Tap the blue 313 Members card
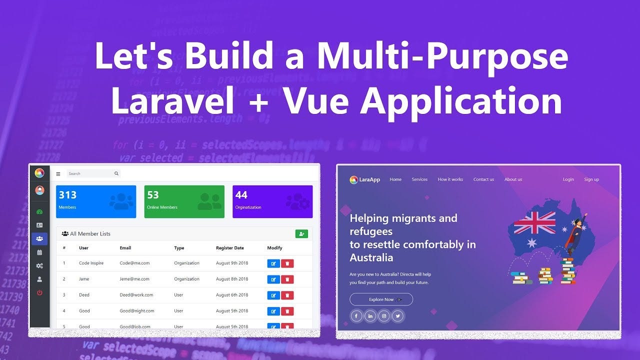pyautogui.click(x=96, y=201)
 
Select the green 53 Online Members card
pyautogui.click(x=184, y=201)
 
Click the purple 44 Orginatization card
pyautogui.click(x=272, y=201)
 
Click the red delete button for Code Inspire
pyautogui.click(x=287, y=263)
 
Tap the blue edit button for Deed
pyautogui.click(x=273, y=295)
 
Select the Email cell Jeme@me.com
pyautogui.click(x=134, y=279)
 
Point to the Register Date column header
pyautogui.click(x=230, y=248)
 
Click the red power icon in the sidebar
pyautogui.click(x=39, y=292)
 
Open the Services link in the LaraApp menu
pyautogui.click(x=419, y=179)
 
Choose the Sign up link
pyautogui.click(x=591, y=179)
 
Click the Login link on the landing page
pyautogui.click(x=568, y=179)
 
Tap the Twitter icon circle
pyautogui.click(x=397, y=316)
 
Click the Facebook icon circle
pyautogui.click(x=356, y=316)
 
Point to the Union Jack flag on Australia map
pyautogui.click(x=534, y=222)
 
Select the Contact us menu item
pyautogui.click(x=483, y=179)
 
